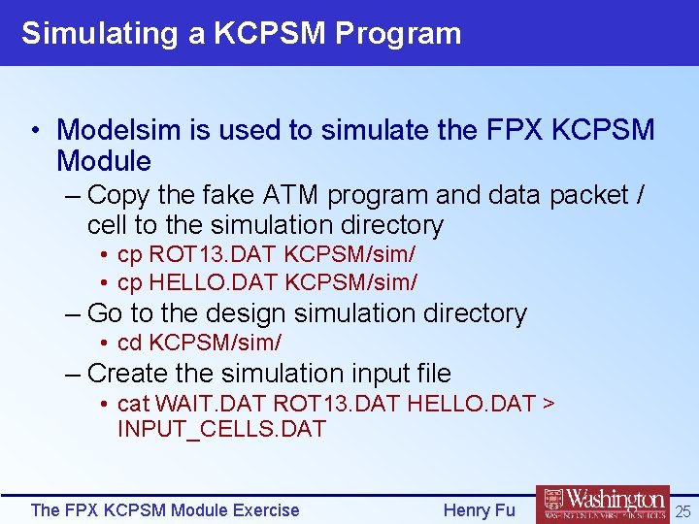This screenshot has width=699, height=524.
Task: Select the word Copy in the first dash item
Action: tap(118, 195)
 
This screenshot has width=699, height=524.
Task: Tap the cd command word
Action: tap(129, 343)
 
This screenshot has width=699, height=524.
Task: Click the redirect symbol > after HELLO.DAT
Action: tap(549, 403)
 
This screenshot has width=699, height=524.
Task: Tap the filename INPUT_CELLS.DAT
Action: tap(221, 429)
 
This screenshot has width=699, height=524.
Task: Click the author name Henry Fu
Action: tap(479, 510)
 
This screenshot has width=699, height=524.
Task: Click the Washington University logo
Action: tap(603, 506)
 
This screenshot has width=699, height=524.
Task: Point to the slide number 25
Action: tap(683, 510)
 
